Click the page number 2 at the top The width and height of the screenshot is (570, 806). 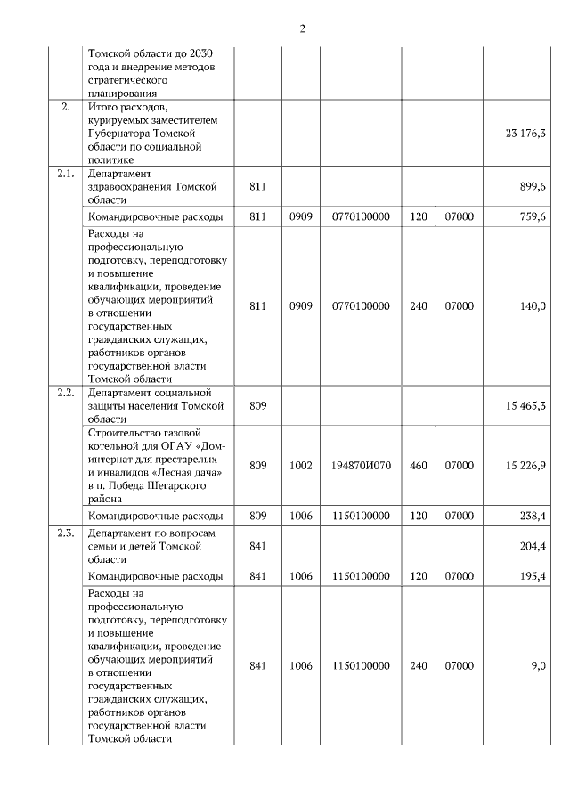click(x=302, y=28)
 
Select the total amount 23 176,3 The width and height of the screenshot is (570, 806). click(x=525, y=133)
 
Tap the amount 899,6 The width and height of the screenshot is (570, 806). click(x=532, y=187)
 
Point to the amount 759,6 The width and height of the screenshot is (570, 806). click(x=532, y=216)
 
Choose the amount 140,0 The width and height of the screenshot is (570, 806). click(x=533, y=305)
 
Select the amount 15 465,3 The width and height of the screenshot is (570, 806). click(x=525, y=406)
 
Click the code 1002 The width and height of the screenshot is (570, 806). click(x=301, y=465)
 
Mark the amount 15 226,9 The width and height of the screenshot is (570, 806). click(x=525, y=465)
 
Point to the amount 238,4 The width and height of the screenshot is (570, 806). click(x=532, y=516)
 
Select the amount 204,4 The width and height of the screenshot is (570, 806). click(x=532, y=546)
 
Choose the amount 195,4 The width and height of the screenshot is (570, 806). click(x=532, y=576)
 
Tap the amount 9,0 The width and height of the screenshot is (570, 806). click(x=538, y=665)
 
